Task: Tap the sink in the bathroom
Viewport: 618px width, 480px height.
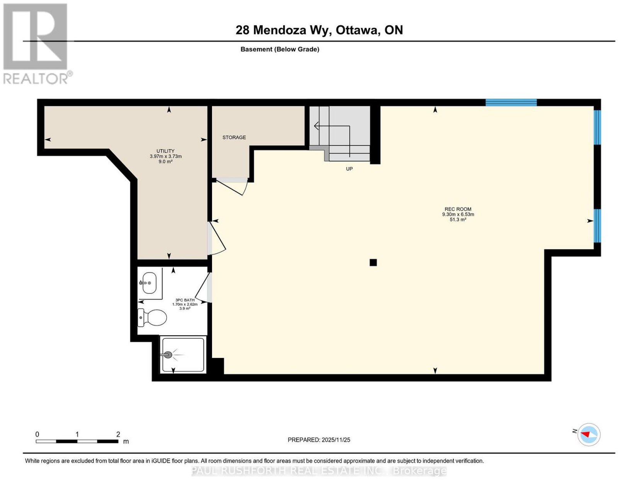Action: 149,283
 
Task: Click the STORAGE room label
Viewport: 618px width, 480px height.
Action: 234,137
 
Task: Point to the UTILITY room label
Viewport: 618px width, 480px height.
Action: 166,151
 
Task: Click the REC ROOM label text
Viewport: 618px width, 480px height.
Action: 458,209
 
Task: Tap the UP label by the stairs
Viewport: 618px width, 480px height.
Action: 349,169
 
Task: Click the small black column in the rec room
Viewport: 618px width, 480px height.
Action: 373,262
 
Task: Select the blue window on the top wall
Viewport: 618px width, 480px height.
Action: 511,102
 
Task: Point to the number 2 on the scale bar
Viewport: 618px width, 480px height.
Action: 118,434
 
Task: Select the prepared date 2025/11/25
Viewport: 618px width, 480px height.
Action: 336,439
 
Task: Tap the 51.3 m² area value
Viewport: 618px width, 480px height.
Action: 458,220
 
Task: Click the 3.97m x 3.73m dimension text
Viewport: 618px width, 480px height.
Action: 166,156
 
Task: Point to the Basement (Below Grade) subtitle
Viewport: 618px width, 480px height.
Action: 280,49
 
